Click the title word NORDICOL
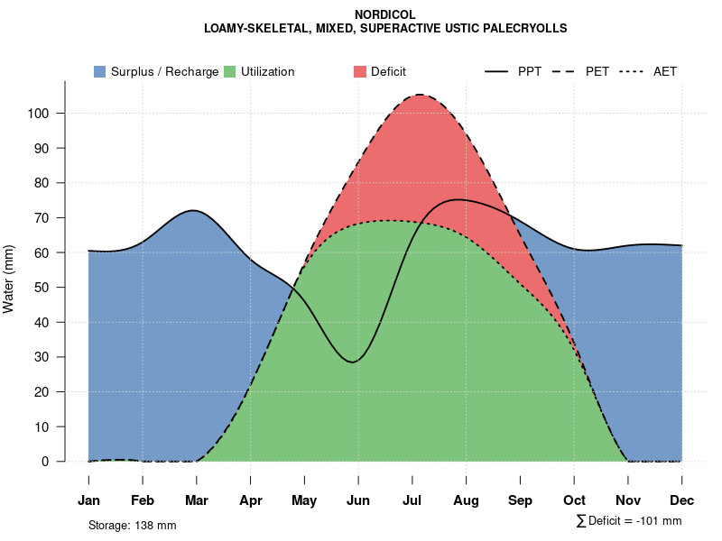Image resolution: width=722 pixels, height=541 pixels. (385, 15)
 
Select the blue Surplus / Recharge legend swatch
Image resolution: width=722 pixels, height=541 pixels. (99, 71)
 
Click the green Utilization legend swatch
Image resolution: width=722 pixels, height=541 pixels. (229, 71)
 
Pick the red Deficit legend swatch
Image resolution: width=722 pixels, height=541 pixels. (359, 71)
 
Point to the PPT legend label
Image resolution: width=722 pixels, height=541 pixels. (530, 71)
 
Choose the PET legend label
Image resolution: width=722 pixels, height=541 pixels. (597, 71)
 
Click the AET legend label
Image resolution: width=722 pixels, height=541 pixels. (665, 71)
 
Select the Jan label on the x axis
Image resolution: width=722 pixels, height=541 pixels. (88, 500)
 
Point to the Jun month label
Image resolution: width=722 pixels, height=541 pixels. (358, 500)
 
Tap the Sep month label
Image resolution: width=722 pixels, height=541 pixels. (520, 500)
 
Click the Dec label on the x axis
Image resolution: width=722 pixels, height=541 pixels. (682, 500)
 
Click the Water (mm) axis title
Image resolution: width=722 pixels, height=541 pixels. (9, 279)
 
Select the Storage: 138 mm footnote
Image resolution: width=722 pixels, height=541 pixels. (132, 525)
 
